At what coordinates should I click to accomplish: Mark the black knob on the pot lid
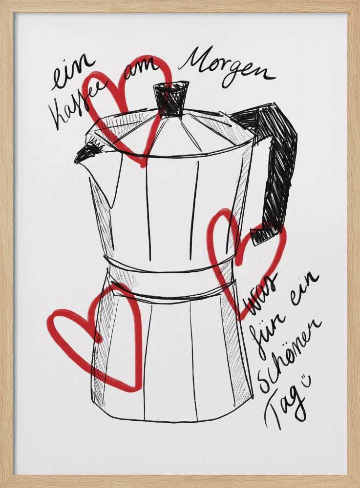tap(171, 99)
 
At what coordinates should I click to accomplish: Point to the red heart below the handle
tap(244, 259)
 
